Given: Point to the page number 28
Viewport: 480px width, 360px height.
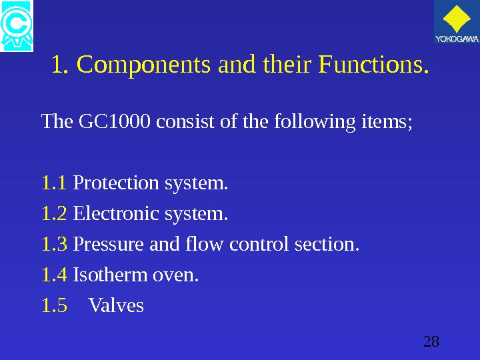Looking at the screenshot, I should (x=431, y=343).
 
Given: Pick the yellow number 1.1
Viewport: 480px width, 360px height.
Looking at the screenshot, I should (x=55, y=183).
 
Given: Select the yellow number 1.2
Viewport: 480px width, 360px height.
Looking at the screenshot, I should (x=55, y=214).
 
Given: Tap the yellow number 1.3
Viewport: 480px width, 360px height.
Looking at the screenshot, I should (x=55, y=245).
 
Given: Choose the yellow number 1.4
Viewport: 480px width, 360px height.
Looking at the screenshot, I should (x=55, y=275).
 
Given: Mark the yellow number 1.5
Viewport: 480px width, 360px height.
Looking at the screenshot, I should (x=55, y=306).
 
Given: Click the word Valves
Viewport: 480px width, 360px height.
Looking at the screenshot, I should (x=116, y=306).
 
